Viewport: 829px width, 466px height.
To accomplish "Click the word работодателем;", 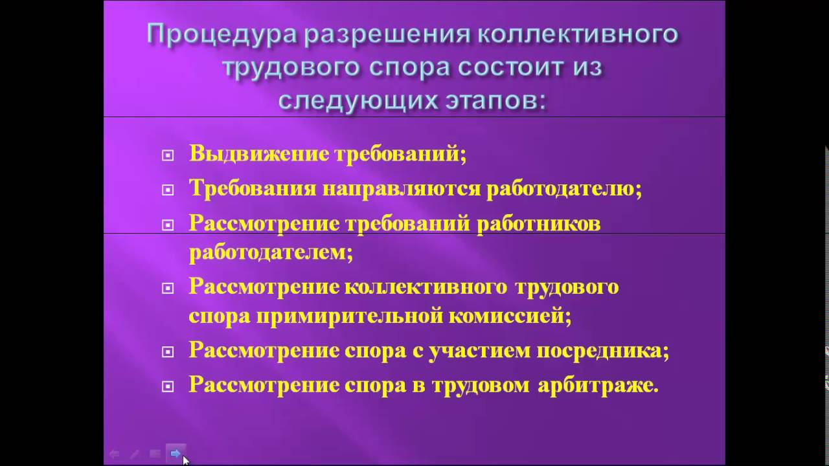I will point(271,251).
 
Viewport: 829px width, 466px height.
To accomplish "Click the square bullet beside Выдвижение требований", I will point(168,155).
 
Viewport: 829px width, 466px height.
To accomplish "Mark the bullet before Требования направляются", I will point(168,190).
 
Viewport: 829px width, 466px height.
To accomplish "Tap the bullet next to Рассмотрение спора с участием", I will point(168,352).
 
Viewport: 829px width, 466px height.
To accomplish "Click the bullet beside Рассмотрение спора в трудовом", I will point(168,386).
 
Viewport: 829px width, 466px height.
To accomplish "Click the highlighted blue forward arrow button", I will point(176,454).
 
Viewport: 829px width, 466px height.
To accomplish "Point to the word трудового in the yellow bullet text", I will point(567,287).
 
